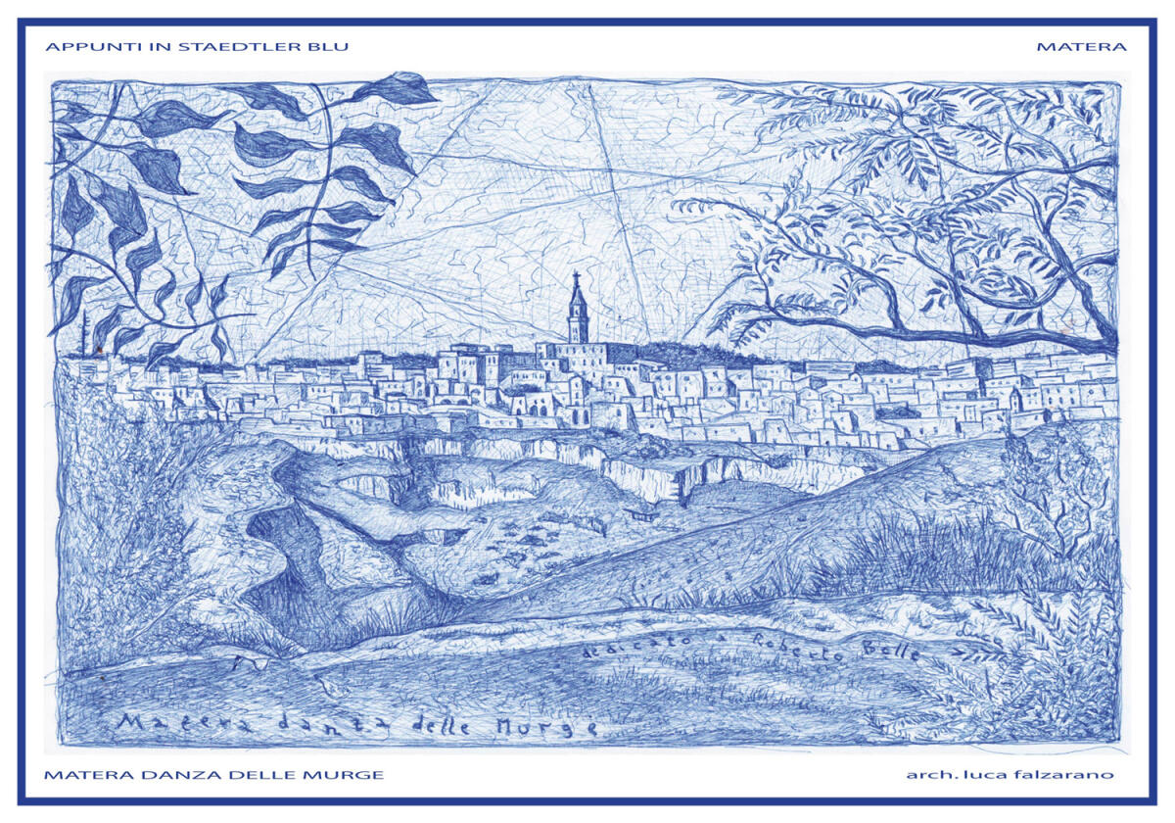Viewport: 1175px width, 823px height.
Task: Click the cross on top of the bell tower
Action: pos(577,276)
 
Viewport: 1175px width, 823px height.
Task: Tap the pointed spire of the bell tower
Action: pos(577,293)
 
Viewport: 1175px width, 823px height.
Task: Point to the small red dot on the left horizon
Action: pos(98,350)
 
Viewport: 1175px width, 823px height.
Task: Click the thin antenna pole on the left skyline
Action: pos(85,333)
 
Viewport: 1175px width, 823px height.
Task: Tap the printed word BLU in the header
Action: pos(331,46)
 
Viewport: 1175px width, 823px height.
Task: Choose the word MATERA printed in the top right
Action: pos(1081,46)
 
